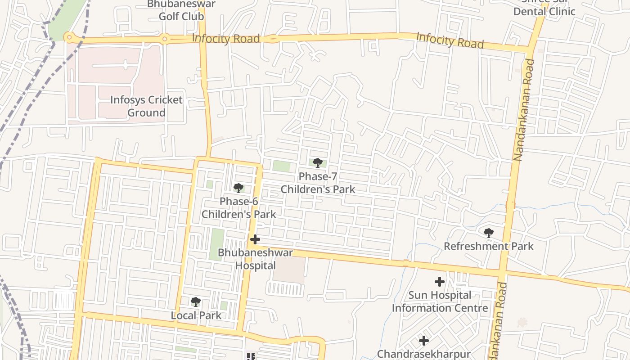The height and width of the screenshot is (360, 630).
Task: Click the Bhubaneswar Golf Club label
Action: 181,10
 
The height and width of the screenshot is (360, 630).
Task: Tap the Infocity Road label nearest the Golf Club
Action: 226,38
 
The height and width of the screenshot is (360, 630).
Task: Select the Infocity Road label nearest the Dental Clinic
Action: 450,40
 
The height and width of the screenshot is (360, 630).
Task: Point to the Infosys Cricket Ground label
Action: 147,106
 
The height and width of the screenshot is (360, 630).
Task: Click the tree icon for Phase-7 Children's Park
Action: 318,163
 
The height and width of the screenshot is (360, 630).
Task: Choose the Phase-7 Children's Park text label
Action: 318,183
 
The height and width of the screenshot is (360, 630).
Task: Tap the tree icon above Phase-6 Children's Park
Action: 238,188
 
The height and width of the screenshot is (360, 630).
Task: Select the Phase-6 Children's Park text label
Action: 238,207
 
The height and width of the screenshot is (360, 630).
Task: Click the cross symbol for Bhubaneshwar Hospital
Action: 255,239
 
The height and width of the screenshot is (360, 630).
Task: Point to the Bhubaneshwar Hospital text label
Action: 255,259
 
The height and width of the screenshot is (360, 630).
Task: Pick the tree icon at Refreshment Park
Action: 489,233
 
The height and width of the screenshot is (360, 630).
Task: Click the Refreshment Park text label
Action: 489,246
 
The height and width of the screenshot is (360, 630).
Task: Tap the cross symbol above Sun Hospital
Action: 440,282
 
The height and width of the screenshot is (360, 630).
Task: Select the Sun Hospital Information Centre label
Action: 440,301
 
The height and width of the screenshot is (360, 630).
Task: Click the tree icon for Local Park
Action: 195,301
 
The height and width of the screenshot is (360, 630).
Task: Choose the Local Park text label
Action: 196,315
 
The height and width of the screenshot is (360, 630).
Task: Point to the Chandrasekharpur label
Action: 423,354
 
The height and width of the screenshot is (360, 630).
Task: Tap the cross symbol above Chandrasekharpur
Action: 423,340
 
